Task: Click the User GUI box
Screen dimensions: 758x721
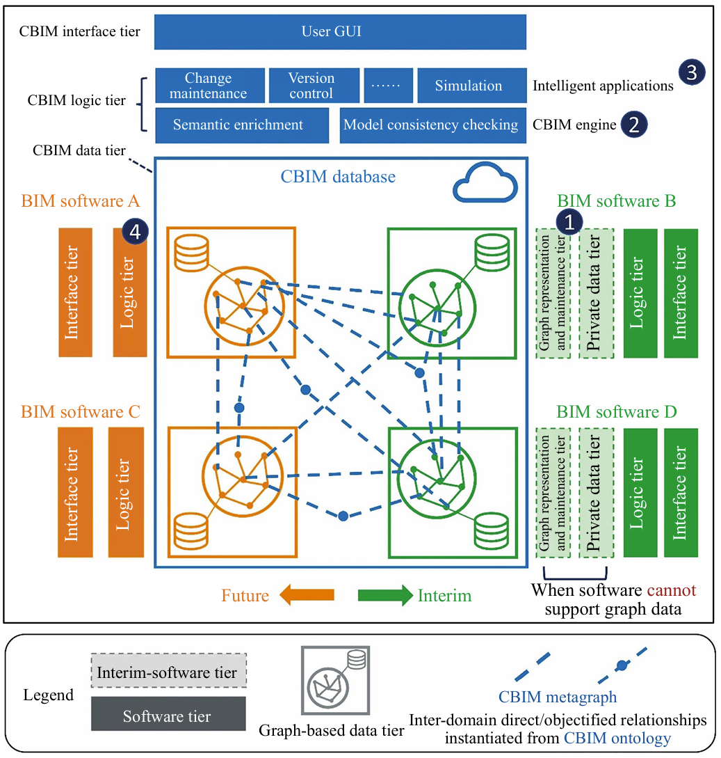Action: (340, 32)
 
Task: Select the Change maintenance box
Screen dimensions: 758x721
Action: (209, 86)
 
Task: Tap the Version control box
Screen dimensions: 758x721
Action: (311, 86)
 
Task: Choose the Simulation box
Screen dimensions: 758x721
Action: (471, 86)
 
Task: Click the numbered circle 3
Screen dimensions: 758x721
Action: (692, 72)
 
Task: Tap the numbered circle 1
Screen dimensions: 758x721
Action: (569, 222)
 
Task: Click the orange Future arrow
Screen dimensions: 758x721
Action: (307, 595)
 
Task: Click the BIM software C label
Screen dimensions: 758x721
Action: (81, 412)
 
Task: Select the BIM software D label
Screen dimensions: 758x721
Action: (616, 412)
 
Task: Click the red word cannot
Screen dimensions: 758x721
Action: (671, 590)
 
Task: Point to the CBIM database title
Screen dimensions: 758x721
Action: (338, 177)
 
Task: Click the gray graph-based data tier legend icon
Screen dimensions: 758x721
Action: (332, 681)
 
